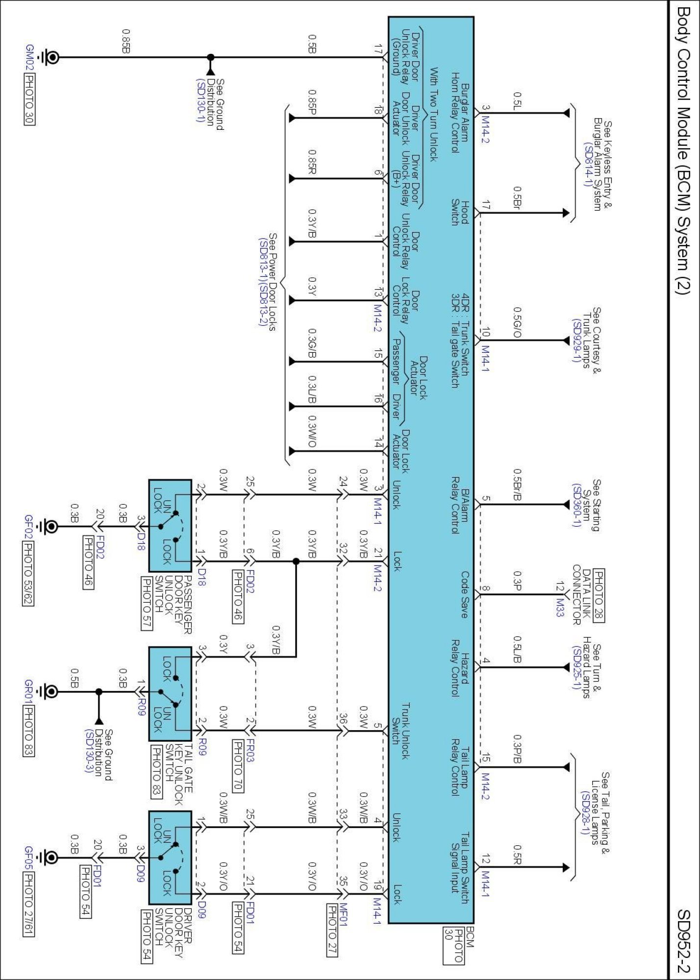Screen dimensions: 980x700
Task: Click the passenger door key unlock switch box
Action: (x=170, y=525)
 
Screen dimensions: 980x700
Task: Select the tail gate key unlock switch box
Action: (x=170, y=693)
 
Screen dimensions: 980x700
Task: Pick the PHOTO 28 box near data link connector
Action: (x=598, y=595)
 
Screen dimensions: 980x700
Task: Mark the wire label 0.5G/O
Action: (x=517, y=322)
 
